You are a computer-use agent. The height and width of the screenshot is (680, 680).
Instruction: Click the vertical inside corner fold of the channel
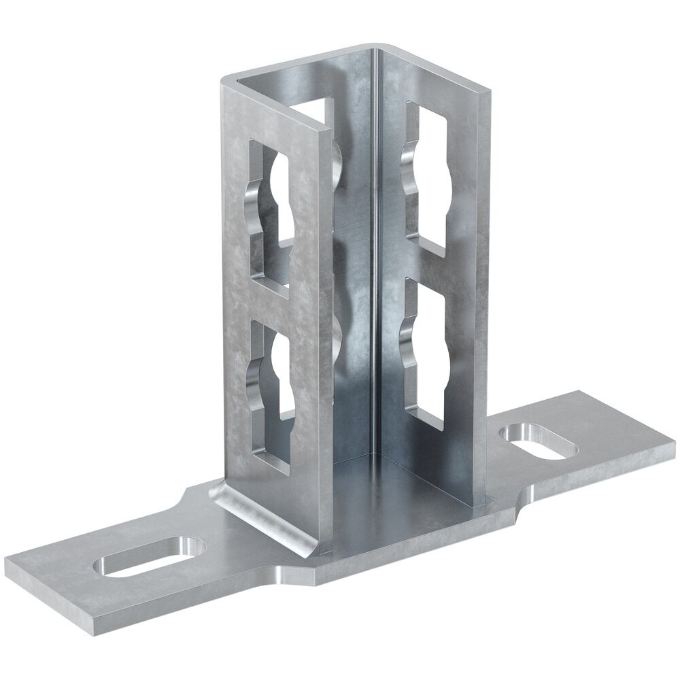pos(374,272)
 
